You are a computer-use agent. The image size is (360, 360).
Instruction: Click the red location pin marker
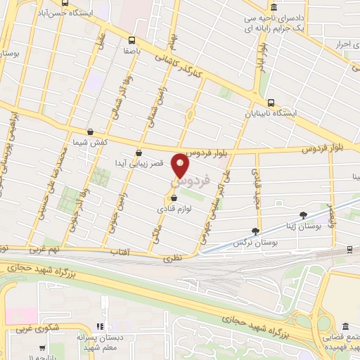click(181, 166)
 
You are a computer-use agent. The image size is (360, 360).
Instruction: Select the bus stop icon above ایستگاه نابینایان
click(271, 101)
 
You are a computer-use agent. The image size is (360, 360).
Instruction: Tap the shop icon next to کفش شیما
click(90, 131)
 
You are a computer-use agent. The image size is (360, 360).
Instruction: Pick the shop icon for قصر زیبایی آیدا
click(139, 152)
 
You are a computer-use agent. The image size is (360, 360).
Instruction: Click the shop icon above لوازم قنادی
click(174, 198)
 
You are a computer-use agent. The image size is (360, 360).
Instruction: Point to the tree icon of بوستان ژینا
click(304, 215)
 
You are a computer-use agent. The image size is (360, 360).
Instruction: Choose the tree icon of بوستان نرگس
click(256, 230)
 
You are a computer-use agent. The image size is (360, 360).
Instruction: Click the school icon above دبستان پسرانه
click(100, 326)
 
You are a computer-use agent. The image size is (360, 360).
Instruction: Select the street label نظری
click(173, 258)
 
